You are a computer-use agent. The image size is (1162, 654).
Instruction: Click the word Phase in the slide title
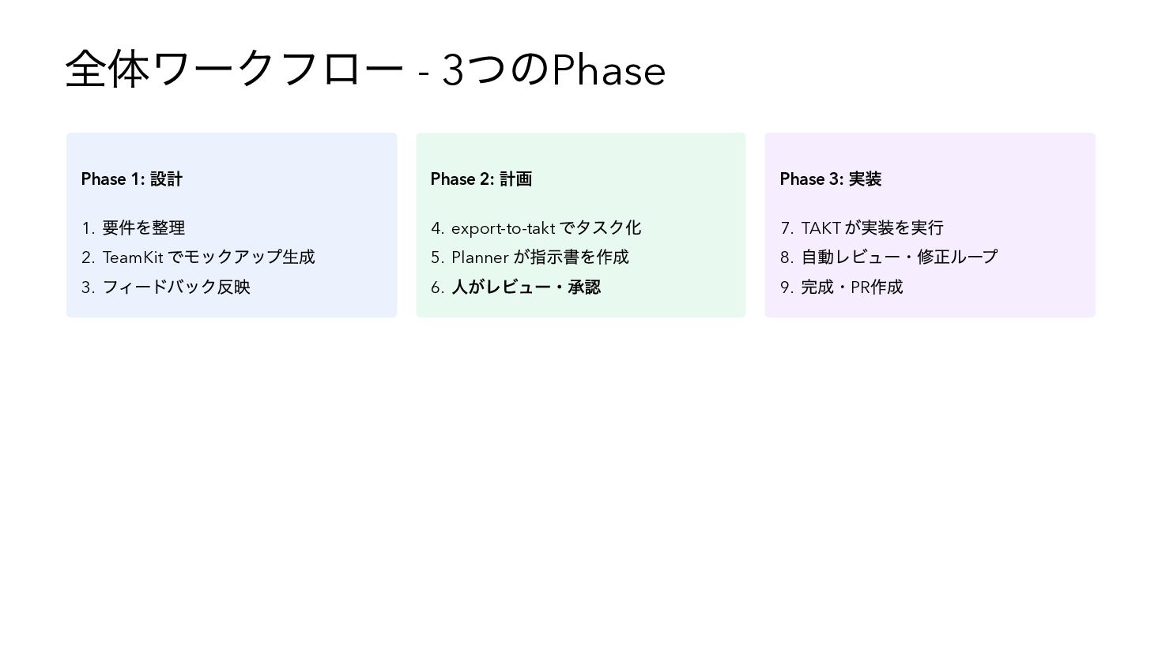[x=609, y=71]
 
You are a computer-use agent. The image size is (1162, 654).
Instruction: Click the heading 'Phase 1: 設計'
[x=132, y=179]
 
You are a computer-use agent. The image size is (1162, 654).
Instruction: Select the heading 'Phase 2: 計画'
[x=481, y=179]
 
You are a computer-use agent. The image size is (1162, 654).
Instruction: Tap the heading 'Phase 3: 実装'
[x=831, y=179]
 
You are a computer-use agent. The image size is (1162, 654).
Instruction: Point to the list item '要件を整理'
[x=144, y=228]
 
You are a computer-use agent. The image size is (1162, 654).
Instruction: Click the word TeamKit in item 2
[x=133, y=257]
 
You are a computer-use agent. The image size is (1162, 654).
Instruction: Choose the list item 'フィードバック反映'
[x=176, y=288]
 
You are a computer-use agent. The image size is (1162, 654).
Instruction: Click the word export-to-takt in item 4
[x=503, y=229]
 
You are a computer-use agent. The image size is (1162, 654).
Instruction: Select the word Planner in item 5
[x=480, y=257]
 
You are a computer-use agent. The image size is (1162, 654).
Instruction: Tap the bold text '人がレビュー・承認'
[x=526, y=288]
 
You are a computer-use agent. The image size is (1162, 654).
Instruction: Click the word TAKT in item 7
[x=821, y=228]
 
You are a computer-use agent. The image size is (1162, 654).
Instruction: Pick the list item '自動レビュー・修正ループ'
[x=900, y=257]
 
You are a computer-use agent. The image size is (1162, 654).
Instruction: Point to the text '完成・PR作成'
[x=852, y=288]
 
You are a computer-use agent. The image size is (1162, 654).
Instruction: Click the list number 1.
[x=87, y=229]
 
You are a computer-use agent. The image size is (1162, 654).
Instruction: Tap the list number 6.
[x=436, y=288]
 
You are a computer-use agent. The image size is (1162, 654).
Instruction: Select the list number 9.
[x=786, y=288]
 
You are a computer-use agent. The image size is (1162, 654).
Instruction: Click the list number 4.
[x=436, y=229]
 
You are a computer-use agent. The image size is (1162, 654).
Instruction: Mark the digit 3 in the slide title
[x=453, y=71]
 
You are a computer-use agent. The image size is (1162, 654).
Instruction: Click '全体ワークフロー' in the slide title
[x=235, y=70]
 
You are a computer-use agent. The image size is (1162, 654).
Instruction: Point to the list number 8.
[x=786, y=258]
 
